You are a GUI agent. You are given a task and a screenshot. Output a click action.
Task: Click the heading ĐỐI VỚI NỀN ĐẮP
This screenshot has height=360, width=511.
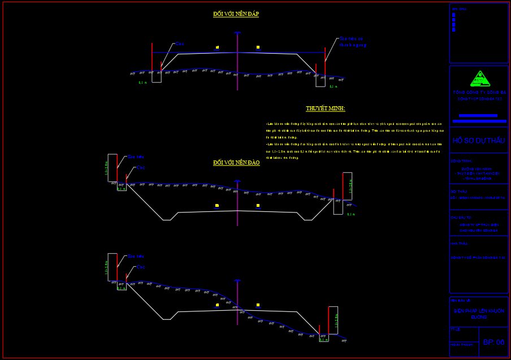coord(236,14)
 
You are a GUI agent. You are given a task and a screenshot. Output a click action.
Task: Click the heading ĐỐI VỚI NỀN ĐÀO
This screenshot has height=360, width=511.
coord(236,163)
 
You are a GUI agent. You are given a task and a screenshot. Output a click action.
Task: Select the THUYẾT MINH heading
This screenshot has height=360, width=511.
coord(325,109)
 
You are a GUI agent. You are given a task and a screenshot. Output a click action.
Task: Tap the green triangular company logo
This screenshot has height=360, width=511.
coord(480,79)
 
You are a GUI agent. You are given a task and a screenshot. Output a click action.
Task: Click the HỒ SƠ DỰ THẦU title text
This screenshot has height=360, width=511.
coord(479,141)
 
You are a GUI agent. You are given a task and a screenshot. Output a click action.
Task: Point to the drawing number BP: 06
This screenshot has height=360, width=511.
coord(493,342)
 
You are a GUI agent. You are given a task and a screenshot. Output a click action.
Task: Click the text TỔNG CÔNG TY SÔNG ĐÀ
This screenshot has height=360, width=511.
coord(479,92)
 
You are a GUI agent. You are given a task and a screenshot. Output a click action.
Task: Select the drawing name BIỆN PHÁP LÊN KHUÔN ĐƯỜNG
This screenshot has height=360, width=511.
coord(479,314)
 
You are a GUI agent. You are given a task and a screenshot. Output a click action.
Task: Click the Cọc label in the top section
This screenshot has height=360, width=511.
coord(180,44)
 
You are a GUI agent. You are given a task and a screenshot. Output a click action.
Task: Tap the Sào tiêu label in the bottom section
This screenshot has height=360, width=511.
coord(136,256)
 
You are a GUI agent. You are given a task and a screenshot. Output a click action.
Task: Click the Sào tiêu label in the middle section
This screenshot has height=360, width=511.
coord(136,157)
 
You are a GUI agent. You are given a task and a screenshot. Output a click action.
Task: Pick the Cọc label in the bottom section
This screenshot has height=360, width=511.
coord(141,267)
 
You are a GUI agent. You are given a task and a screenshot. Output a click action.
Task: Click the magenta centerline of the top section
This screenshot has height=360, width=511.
coord(237,62)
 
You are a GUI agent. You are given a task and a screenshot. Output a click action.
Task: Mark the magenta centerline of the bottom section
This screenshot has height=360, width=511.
coord(237,302)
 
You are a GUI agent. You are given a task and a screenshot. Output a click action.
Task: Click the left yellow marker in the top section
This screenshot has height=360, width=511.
coord(217,47)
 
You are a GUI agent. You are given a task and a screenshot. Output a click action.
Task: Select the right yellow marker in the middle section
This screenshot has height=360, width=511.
coord(258,206)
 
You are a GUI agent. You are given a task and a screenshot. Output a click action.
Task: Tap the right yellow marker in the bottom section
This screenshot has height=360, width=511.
coord(258,305)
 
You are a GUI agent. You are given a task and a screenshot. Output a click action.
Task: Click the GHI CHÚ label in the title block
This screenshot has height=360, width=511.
coord(459,9)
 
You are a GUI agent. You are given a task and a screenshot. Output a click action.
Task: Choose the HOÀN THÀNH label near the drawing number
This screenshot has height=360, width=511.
coord(461,344)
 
